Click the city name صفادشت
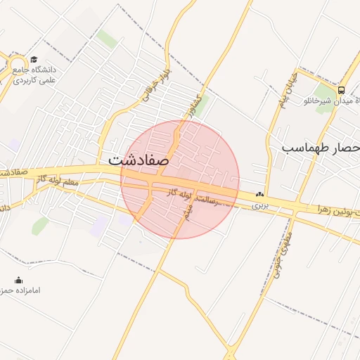139,160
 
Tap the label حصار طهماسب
321,148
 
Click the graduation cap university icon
34,60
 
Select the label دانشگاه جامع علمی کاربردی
39,75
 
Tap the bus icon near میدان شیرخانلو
341,90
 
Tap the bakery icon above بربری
261,194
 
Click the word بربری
261,205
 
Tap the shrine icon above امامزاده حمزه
19,280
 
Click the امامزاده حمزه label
25,290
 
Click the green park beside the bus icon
324,91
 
